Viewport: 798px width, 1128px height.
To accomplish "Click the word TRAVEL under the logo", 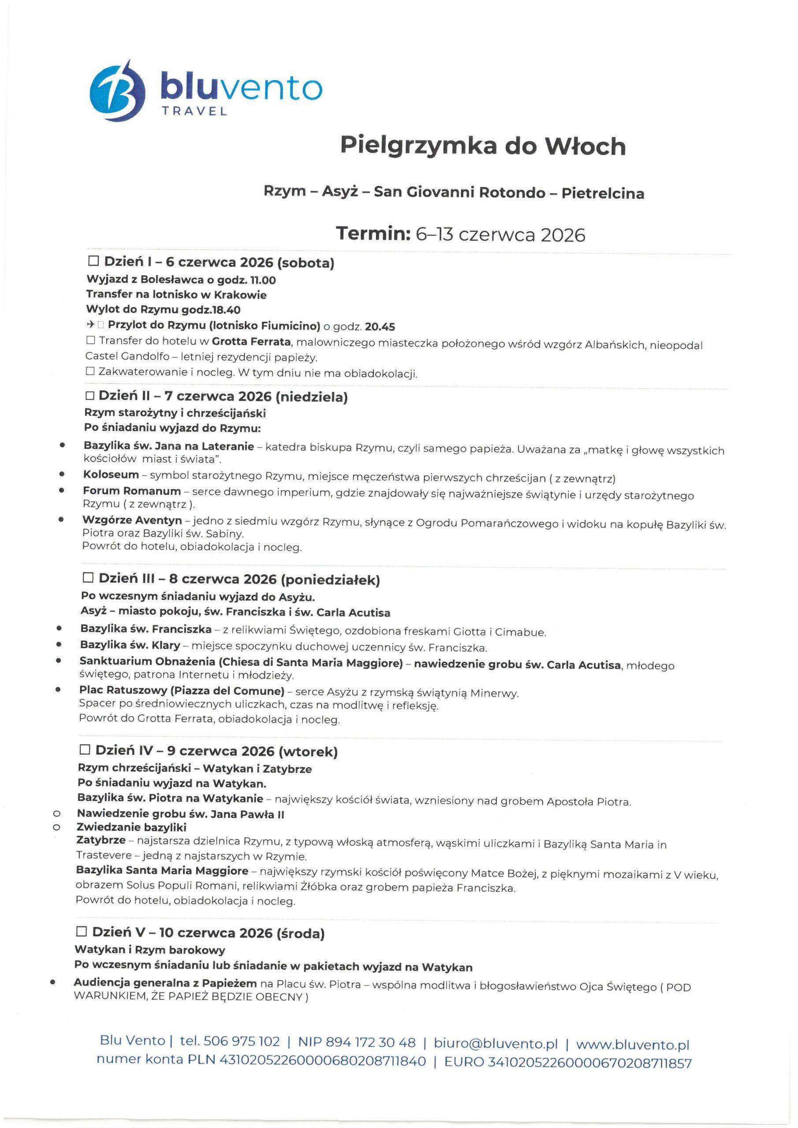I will pos(195,111).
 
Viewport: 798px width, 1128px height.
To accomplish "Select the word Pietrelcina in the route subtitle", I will pos(602,193).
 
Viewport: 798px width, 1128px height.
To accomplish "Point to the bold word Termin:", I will pos(373,234).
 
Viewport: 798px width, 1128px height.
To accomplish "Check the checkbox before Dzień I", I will pos(93,261).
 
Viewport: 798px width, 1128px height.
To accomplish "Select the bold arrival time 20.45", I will pos(380,327).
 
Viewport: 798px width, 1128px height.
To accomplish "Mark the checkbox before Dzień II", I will pos(89,396).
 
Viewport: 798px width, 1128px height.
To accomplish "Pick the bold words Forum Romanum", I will pos(132,491).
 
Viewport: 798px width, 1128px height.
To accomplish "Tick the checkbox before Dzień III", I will pos(88,578).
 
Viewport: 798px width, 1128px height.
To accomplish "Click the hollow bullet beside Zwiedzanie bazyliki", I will pos(56,828).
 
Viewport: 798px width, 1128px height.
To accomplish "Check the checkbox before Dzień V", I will pos(82,931).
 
